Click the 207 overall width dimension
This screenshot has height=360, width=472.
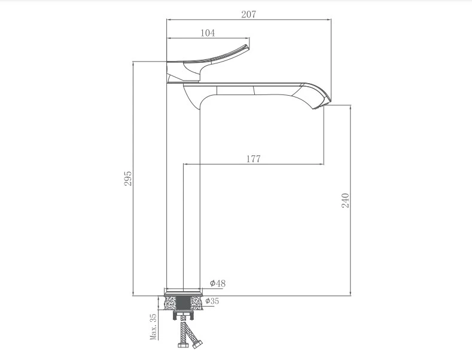tap(249, 14)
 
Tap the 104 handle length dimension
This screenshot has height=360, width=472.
tap(208, 33)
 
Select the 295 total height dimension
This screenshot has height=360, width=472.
tap(128, 178)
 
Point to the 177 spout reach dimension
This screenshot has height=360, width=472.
tap(254, 159)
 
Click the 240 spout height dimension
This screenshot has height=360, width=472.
tap(346, 200)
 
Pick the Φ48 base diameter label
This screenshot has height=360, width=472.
tap(218, 283)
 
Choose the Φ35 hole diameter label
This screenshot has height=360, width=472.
tap(212, 301)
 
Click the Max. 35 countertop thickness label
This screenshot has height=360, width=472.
tap(153, 327)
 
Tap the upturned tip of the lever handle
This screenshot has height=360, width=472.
tap(246, 47)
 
